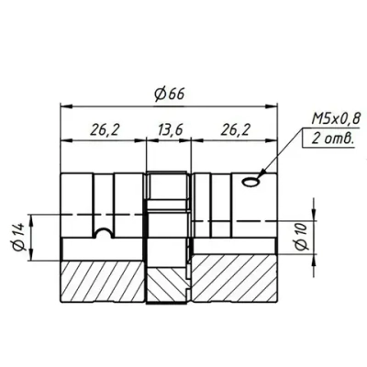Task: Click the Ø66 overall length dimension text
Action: point(169,94)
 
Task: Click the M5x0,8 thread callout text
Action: point(330,119)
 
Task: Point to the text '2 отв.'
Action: point(329,139)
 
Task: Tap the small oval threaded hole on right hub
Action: point(250,184)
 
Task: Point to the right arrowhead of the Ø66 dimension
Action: point(275,106)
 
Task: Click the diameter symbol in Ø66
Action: point(159,94)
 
